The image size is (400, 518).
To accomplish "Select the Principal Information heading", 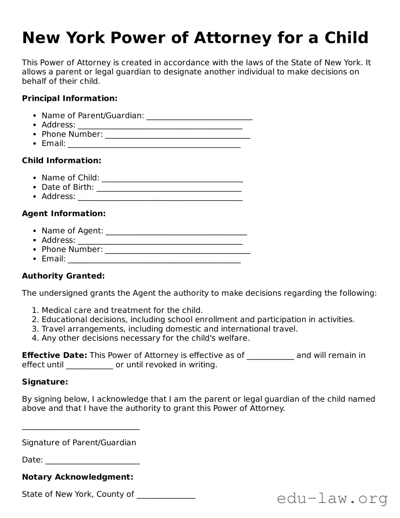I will pos(70,98).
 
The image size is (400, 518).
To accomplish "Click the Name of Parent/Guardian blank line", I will pos(199,117).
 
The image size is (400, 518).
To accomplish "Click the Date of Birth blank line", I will pos(169,188).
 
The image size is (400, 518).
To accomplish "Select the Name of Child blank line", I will pos(172,179).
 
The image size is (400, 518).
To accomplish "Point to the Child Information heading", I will pos(61,161).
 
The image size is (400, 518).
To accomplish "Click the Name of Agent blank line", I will pos(176,232).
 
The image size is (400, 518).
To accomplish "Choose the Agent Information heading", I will pos(64,214).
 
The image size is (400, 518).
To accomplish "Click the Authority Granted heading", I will pos(63,276).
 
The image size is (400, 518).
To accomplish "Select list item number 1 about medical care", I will pos(122,310).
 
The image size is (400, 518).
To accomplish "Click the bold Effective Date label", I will pos(54,356).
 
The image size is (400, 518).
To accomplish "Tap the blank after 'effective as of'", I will pos(270,356).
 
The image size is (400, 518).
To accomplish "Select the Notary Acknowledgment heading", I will pos(78,477).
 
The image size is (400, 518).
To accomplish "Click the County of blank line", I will pos(166,495).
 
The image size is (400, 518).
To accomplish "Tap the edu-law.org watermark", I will pos(332,499).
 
